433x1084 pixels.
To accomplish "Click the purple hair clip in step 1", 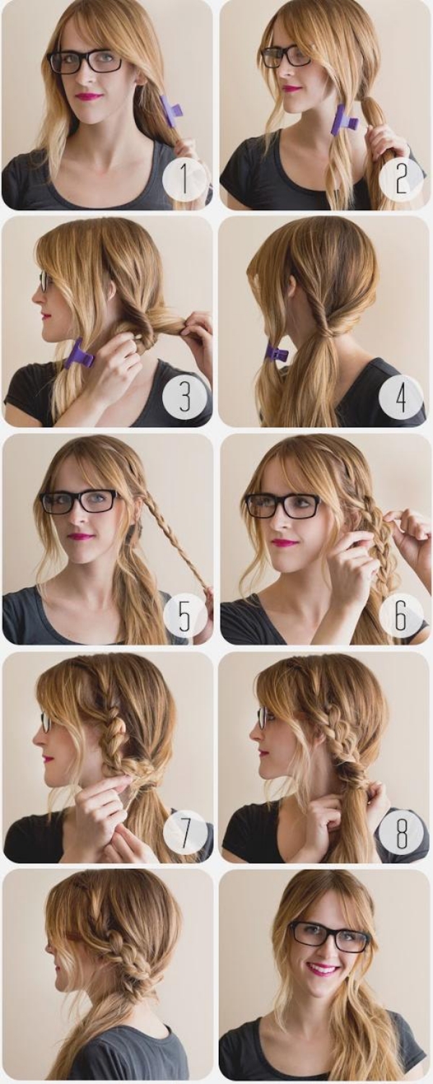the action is (x=170, y=110).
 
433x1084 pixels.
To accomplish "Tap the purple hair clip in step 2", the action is (x=344, y=120).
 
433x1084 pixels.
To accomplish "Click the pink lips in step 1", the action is (x=89, y=96).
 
